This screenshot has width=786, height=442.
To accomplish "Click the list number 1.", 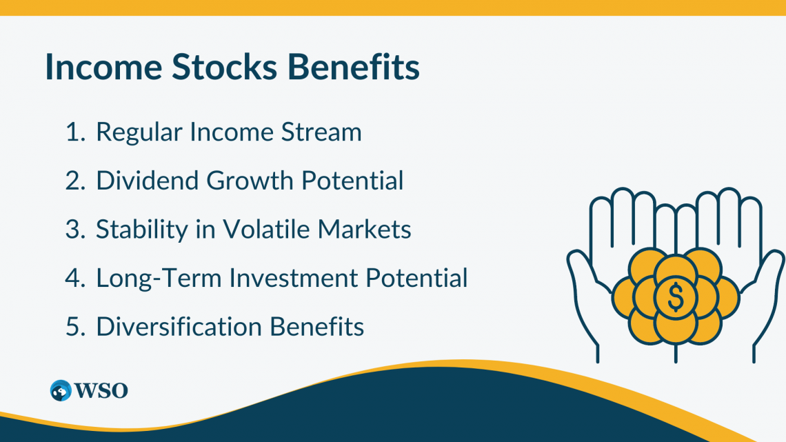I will coord(73,132).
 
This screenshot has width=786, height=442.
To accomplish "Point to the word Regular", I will coord(134,132).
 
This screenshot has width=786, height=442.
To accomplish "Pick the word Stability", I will coord(134,230).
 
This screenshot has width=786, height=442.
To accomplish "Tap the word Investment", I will coord(294,279).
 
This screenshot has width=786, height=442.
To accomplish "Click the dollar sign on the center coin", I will coord(676,297).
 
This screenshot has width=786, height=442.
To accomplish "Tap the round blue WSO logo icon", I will coord(61,390).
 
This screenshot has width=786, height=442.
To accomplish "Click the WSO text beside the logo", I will coord(102,391).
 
